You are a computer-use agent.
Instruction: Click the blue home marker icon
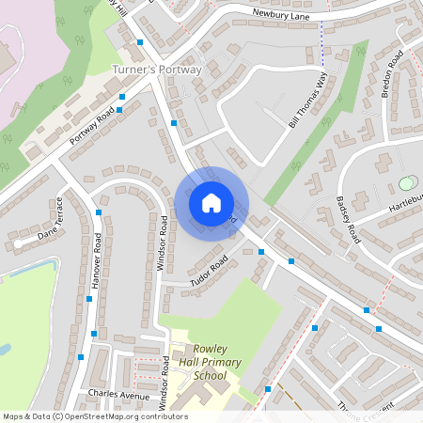(x=211, y=202)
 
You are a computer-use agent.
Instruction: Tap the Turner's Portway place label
(x=157, y=70)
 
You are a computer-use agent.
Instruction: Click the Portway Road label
(x=92, y=126)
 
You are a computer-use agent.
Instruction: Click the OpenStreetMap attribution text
(x=95, y=415)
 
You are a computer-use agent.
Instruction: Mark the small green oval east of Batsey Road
(x=406, y=183)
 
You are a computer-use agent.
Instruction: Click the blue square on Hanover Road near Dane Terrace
(x=99, y=213)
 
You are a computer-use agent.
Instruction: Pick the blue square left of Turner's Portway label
(x=140, y=42)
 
